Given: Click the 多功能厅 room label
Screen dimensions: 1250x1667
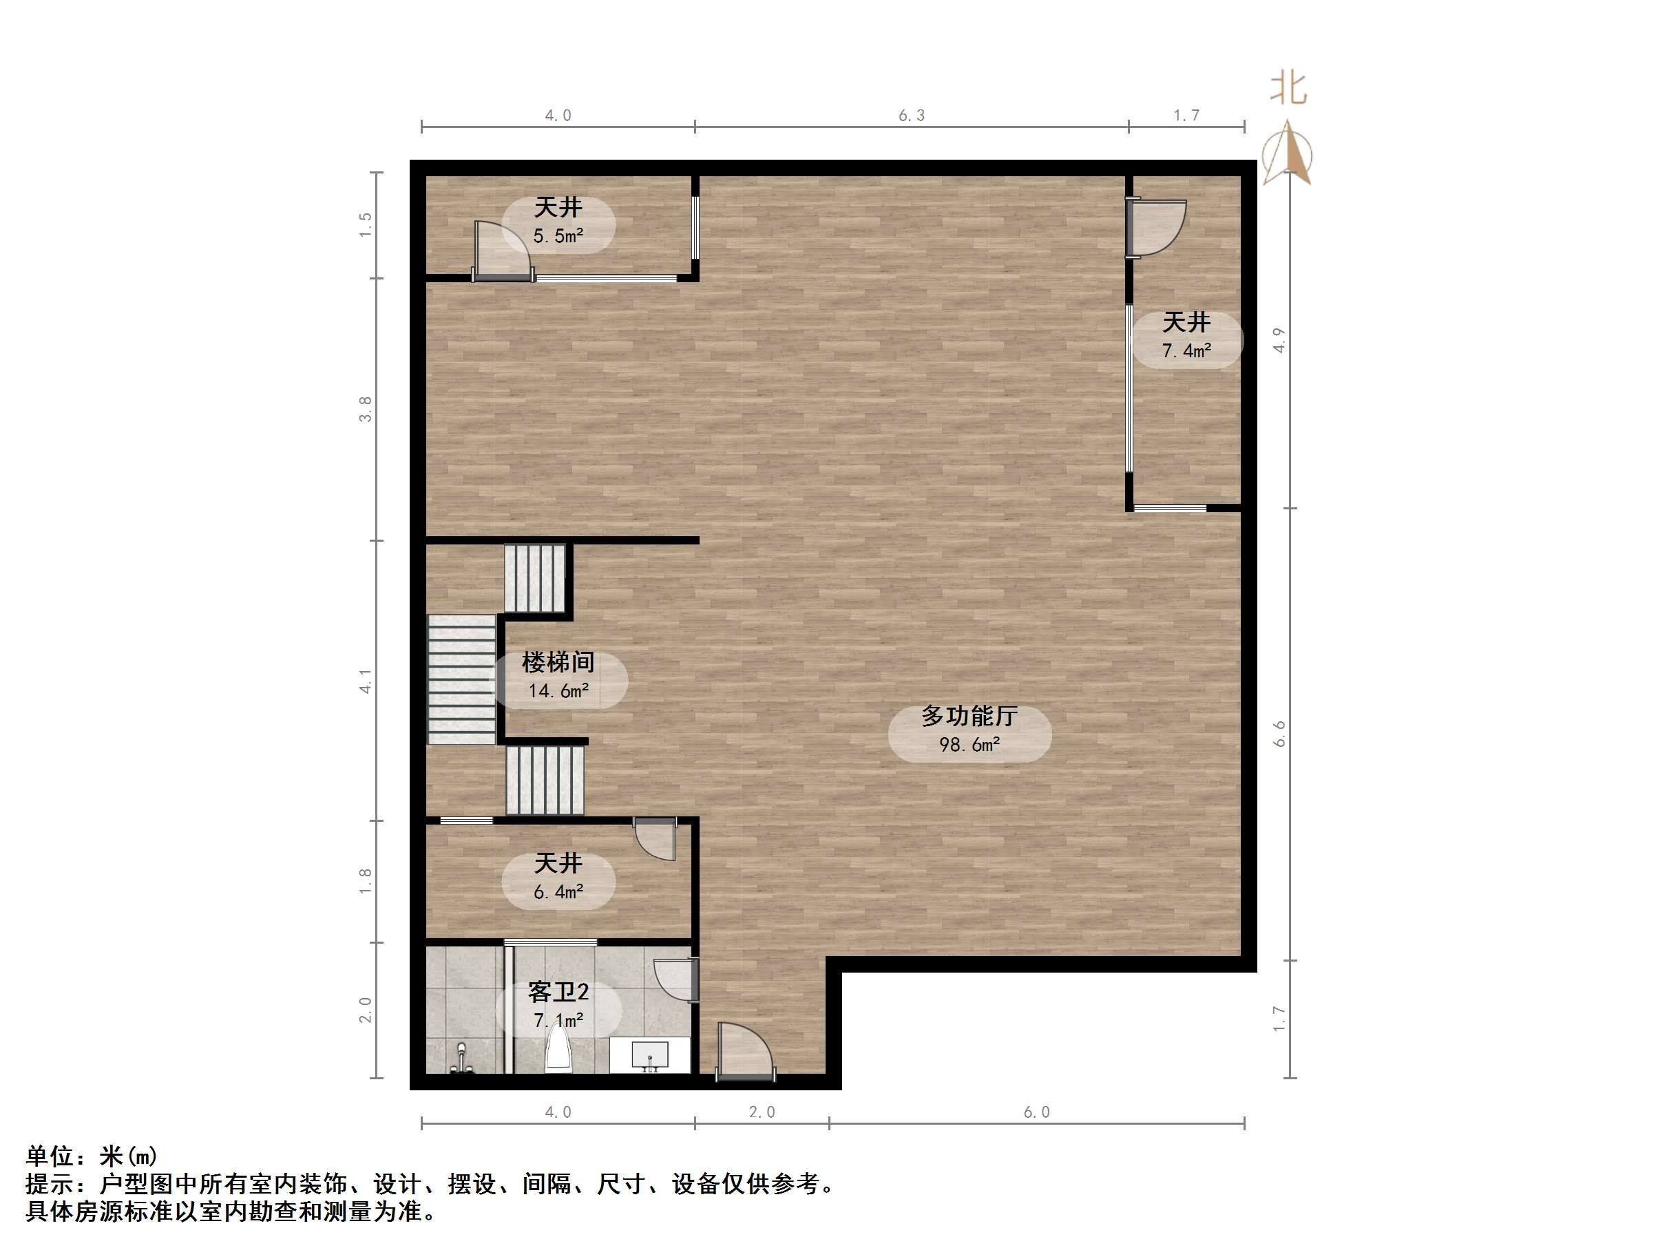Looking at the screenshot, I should click(969, 716).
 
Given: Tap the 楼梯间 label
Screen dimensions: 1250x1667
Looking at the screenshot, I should click(558, 662).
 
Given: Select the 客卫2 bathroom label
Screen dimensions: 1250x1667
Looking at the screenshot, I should click(558, 993).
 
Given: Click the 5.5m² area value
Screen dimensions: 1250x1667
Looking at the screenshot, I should click(558, 236).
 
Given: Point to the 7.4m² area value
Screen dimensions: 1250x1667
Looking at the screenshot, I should click(1186, 350).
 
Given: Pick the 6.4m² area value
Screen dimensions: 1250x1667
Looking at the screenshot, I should click(558, 892).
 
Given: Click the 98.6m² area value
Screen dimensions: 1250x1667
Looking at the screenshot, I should click(969, 744).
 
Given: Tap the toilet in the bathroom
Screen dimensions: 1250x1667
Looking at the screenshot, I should click(558, 1048).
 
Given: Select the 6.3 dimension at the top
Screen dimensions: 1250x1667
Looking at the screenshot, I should click(911, 115).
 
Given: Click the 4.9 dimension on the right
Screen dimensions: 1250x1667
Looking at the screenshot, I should click(1279, 341).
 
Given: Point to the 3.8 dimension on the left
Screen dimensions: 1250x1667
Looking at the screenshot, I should click(366, 409).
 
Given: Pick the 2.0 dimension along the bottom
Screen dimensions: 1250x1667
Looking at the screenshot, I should click(762, 1112).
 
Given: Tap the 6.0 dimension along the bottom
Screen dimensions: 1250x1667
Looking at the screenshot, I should click(1036, 1112).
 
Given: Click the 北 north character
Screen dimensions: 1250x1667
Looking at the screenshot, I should click(1289, 89).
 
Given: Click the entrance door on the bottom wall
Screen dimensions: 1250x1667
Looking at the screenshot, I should click(744, 1050).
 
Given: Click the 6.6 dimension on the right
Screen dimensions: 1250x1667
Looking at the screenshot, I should click(1279, 734).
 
